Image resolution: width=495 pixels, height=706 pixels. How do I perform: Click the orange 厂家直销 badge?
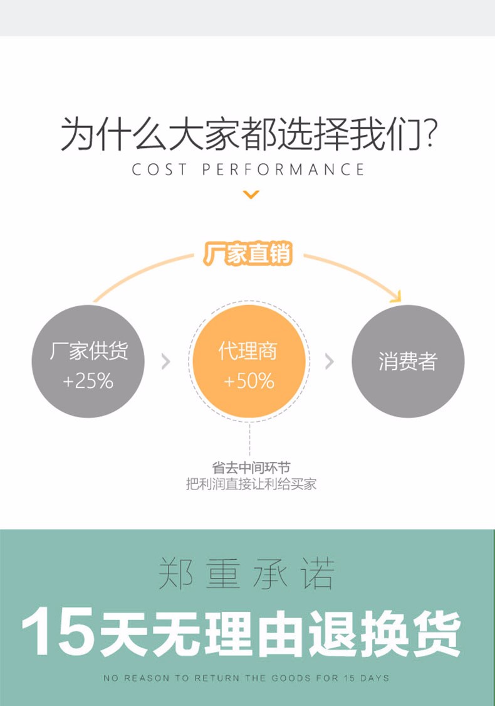248,255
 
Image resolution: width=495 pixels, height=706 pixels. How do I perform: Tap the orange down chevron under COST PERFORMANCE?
251,195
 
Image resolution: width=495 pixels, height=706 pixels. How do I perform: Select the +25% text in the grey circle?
88,380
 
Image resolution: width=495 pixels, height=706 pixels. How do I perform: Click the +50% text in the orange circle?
249,380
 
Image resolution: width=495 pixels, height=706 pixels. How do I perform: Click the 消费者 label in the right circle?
407,361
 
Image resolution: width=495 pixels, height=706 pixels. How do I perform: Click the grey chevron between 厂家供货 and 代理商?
166,361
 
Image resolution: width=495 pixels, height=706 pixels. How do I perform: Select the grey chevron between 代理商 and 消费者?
330,361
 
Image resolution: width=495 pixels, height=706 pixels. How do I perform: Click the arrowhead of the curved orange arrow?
395,294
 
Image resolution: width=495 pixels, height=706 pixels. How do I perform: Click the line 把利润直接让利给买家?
251,484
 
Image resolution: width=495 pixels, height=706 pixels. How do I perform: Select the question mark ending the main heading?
430,135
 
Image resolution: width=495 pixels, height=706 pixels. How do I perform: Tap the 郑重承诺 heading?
247,574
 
